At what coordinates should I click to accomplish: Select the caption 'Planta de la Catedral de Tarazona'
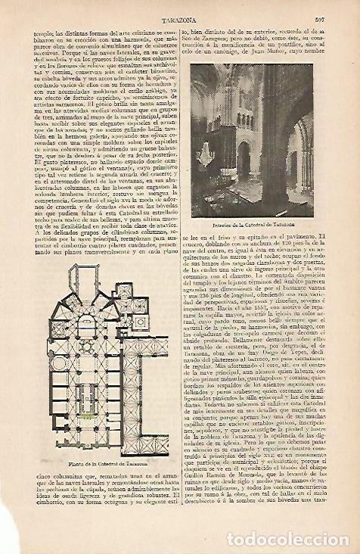click(x=97, y=462)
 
